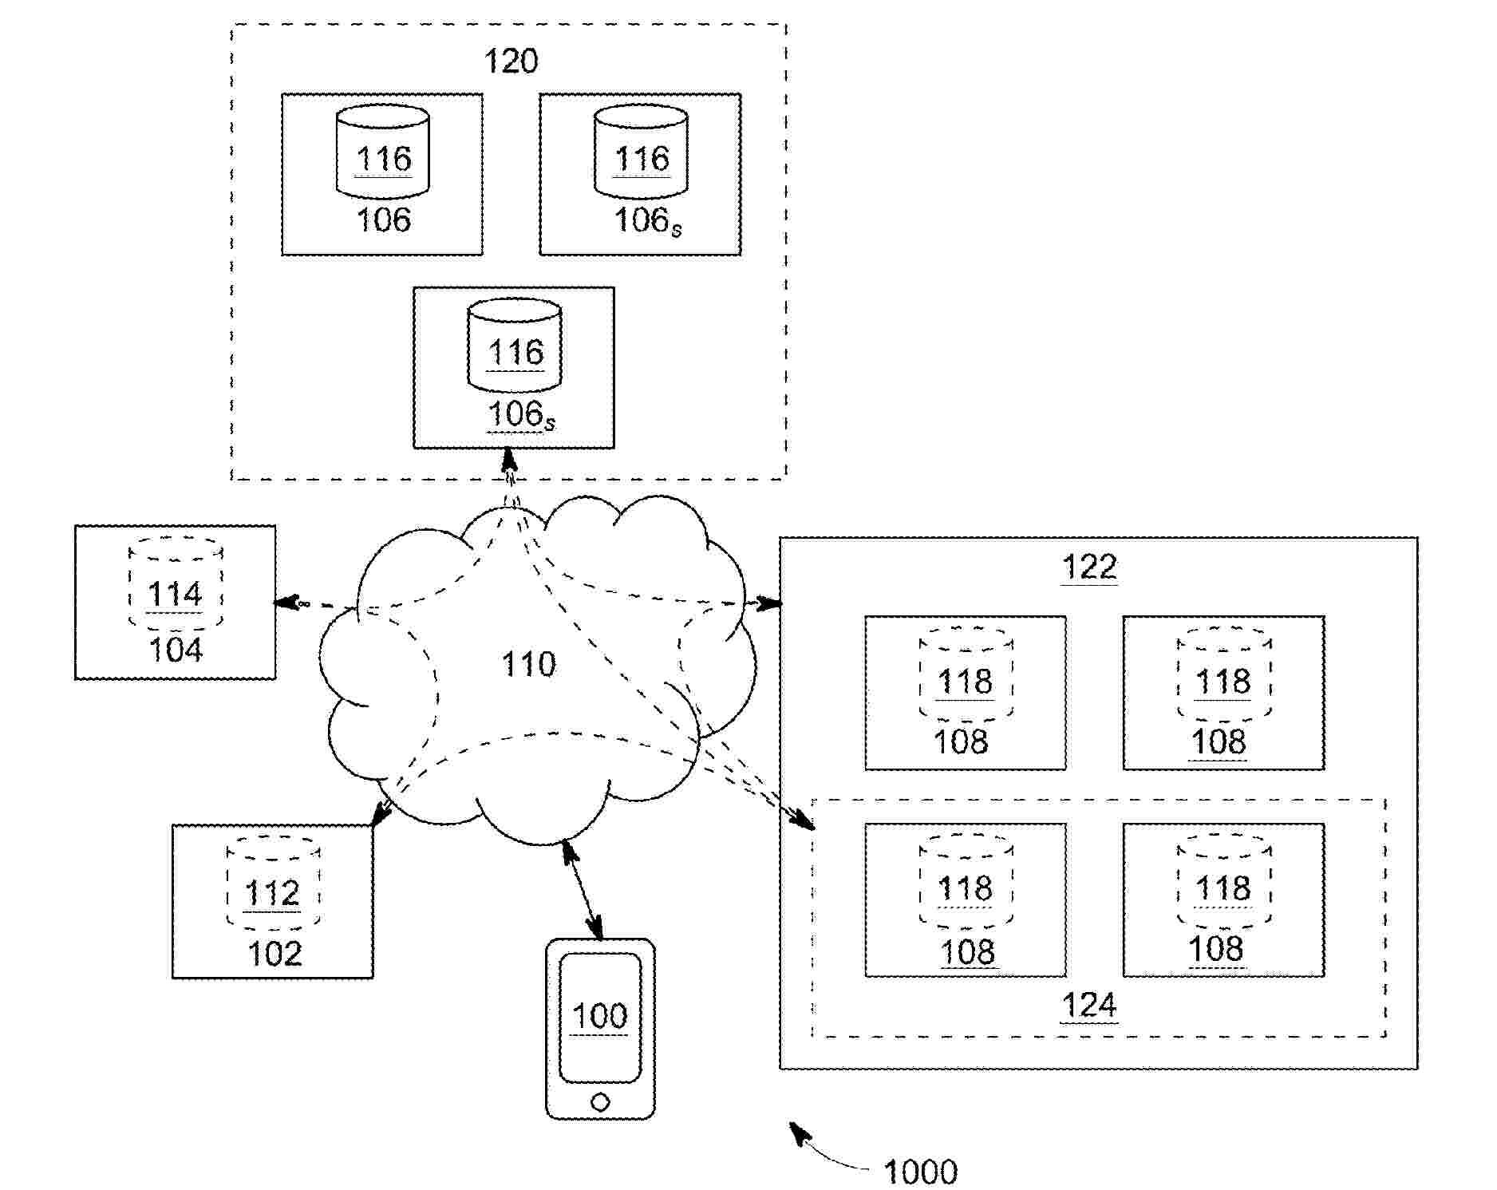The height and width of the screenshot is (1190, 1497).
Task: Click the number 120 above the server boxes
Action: pos(512,61)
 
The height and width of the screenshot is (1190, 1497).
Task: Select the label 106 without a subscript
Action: pos(383,219)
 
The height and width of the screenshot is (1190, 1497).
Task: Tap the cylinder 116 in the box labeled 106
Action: pos(382,151)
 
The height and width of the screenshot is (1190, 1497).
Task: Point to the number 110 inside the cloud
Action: pos(528,664)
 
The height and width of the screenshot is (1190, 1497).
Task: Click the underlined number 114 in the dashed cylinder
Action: pos(176,594)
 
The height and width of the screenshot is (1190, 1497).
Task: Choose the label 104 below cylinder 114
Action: pos(176,650)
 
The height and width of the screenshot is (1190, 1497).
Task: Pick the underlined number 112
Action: pos(273,893)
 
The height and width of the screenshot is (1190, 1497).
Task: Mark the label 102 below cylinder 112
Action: pos(275,954)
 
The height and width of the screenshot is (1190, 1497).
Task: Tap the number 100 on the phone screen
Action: pos(600,1016)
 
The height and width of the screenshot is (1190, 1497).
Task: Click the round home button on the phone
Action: pos(601,1103)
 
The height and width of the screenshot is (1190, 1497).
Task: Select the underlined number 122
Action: pos(1089,567)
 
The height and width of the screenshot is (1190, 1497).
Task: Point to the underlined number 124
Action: pos(1089,1006)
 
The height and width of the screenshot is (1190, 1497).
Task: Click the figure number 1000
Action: pos(921,1172)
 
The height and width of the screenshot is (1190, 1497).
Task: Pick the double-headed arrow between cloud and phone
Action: pos(583,888)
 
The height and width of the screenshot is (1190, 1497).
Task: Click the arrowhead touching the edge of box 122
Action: pos(769,604)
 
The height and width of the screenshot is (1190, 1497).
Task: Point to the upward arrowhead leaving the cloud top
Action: pos(509,461)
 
